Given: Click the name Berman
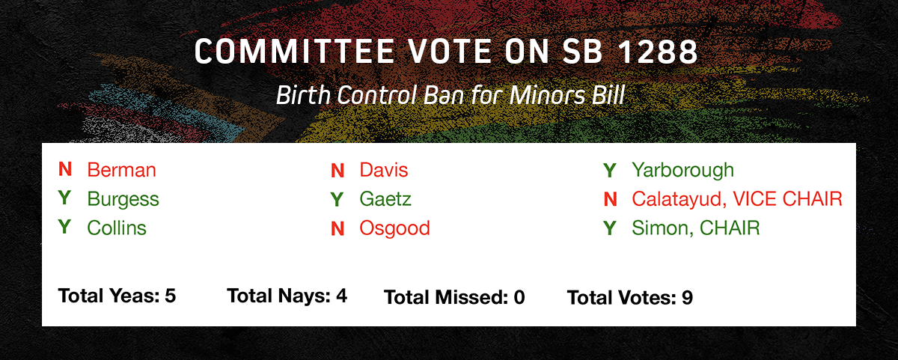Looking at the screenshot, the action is [121, 170].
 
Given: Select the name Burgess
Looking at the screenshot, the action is [123, 200].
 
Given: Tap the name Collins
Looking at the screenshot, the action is [117, 228].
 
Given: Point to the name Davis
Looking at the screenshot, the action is [384, 170].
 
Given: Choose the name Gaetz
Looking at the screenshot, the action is [385, 199].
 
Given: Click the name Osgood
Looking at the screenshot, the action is [394, 228].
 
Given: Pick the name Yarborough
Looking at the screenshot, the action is [682, 171].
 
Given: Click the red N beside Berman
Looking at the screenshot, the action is [65, 169].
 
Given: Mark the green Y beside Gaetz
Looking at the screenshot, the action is [337, 199].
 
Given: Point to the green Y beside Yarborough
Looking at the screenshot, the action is [610, 171].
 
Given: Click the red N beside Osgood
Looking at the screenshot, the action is [337, 229].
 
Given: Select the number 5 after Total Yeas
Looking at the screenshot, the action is [171, 296].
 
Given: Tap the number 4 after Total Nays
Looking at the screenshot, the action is [341, 296].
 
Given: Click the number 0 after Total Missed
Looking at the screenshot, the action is [519, 297].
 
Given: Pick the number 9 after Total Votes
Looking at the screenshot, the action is [687, 298].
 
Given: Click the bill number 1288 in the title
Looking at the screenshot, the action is [659, 52].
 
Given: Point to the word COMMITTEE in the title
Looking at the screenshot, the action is [295, 52].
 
